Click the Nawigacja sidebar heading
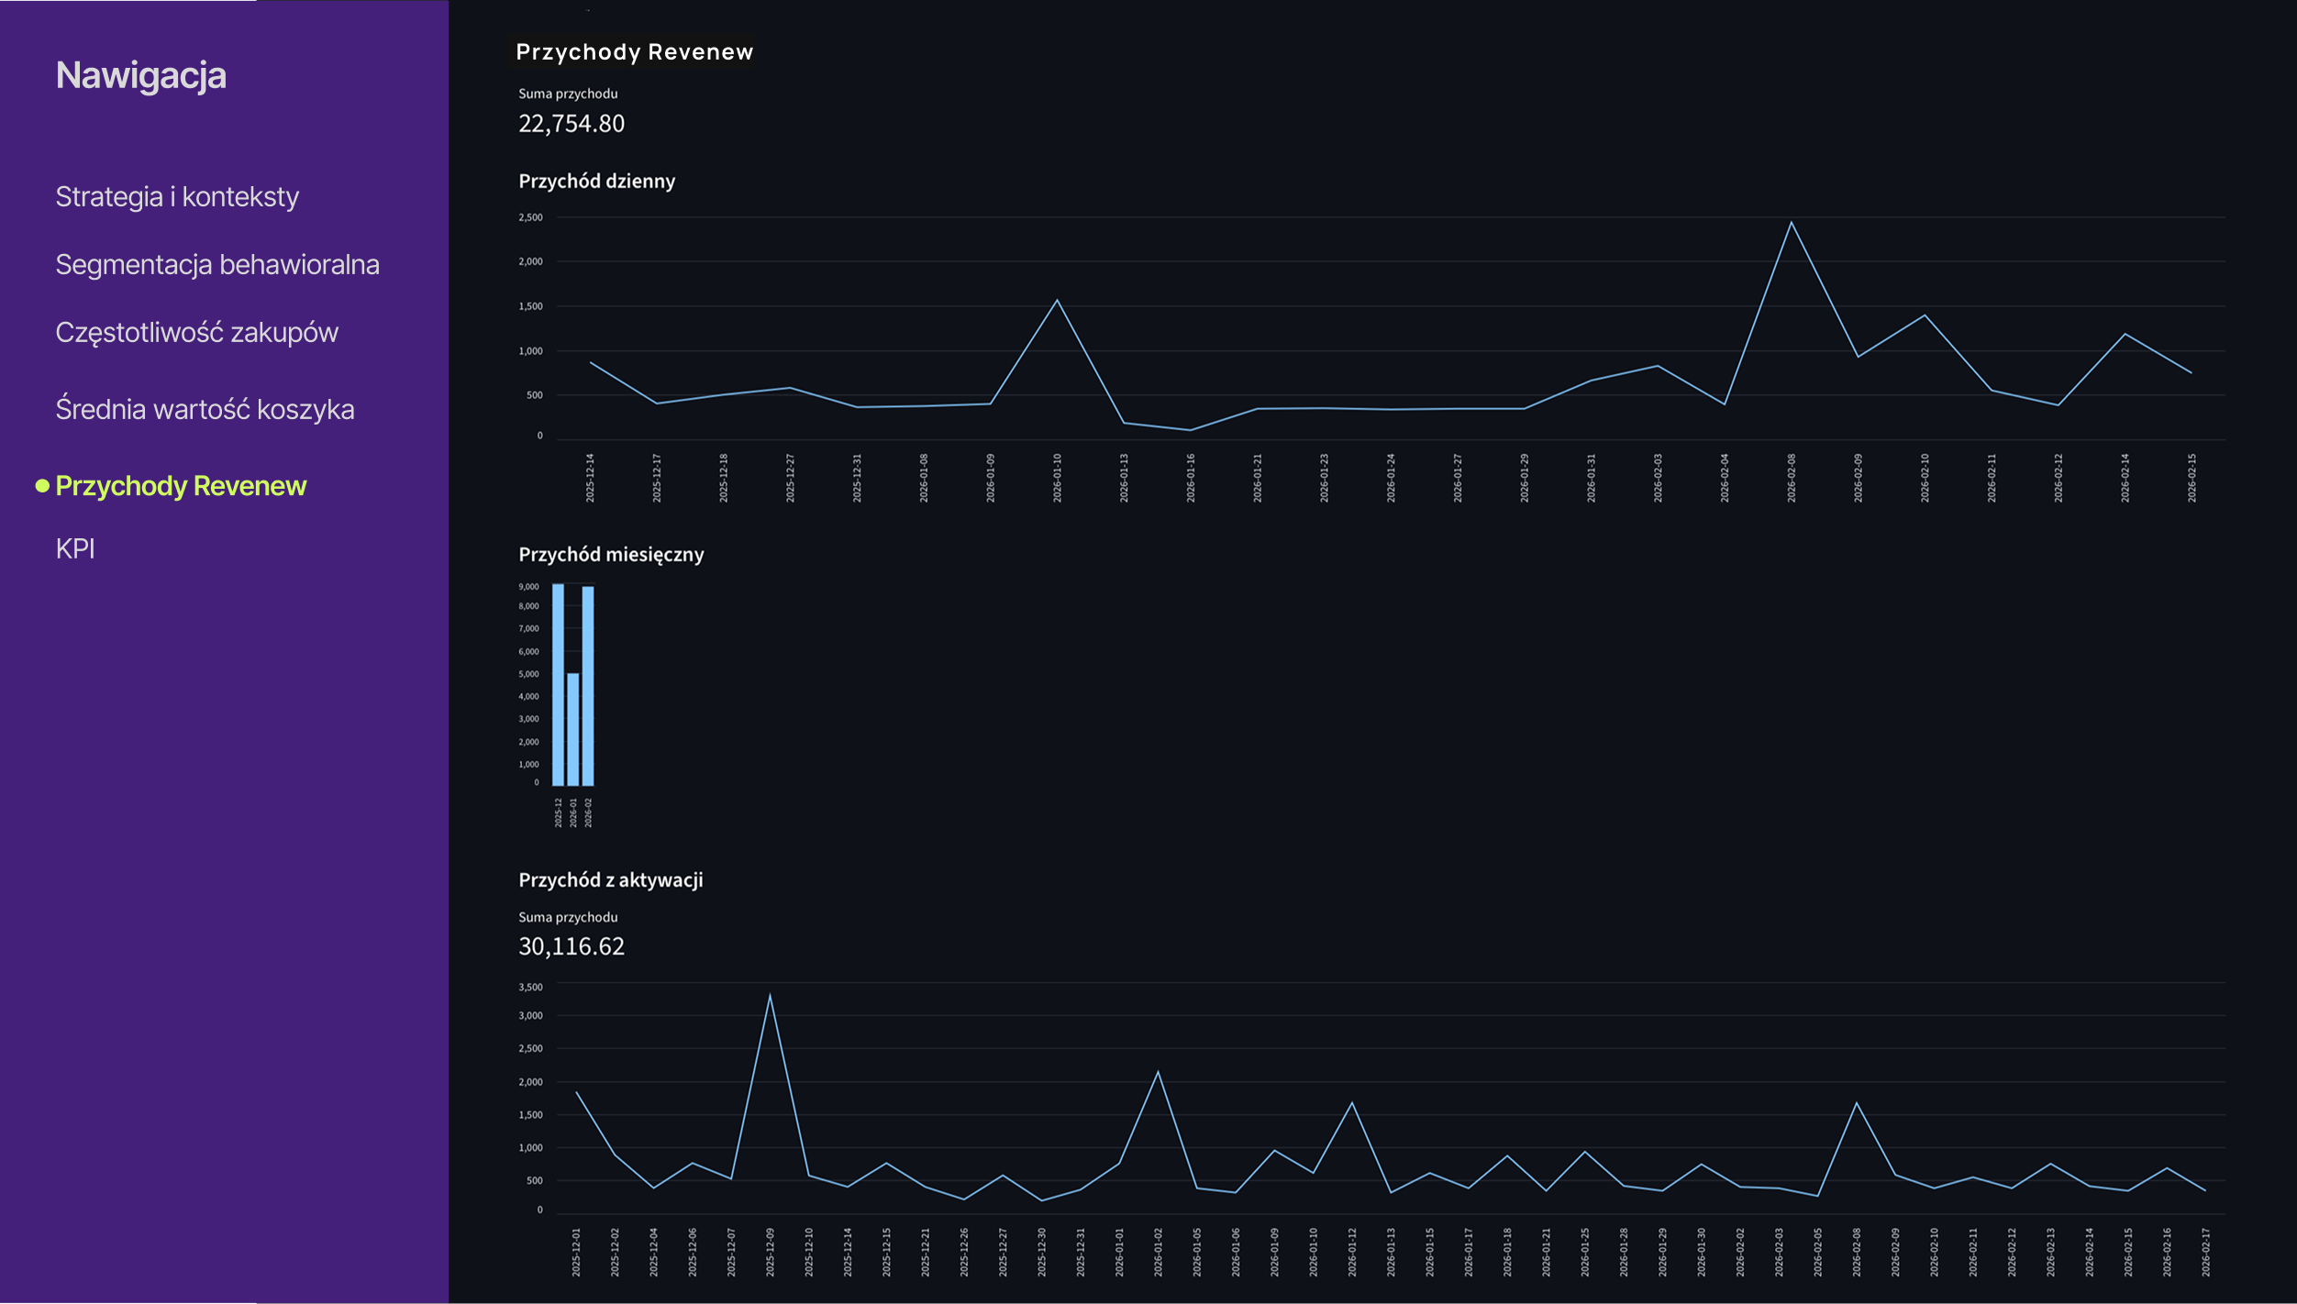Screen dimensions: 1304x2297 (x=140, y=75)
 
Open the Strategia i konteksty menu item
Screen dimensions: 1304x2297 (x=177, y=196)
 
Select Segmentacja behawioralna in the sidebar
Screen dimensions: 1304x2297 (x=217, y=264)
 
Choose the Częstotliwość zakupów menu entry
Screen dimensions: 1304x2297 (x=196, y=332)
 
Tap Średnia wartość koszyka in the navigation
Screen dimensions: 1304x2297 (x=205, y=409)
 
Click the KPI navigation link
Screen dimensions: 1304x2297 (x=75, y=548)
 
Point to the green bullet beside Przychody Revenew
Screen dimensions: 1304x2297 (x=42, y=485)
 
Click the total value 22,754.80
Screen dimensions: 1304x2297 (x=571, y=124)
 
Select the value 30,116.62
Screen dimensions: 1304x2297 (x=571, y=946)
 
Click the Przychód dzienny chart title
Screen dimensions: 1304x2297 (x=596, y=182)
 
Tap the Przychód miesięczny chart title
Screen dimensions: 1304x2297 (x=611, y=555)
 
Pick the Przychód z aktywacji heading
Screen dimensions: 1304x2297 (x=611, y=880)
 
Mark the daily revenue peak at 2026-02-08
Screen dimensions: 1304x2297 (x=1791, y=223)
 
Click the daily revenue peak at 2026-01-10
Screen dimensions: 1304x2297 (x=1057, y=301)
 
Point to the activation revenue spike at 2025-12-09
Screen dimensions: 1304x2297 (x=770, y=996)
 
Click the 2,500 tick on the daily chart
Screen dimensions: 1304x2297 (x=530, y=217)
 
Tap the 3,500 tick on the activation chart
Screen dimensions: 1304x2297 (x=530, y=987)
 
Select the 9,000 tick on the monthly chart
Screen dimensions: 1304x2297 (x=528, y=586)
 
